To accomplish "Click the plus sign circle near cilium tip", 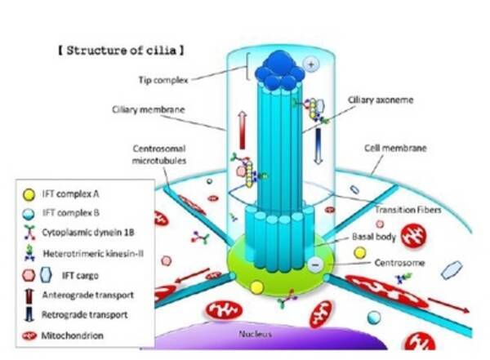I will [311, 63].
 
